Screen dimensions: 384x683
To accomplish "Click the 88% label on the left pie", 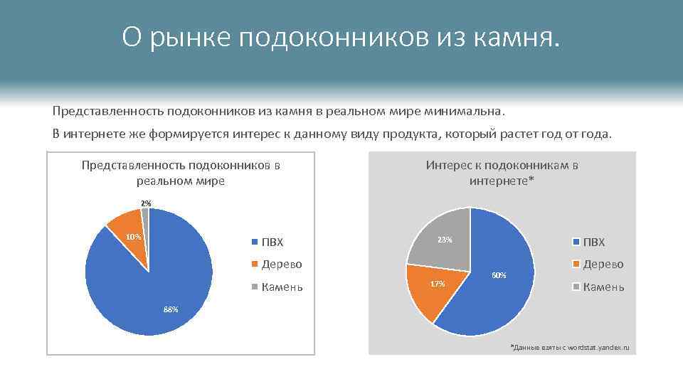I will (x=171, y=309).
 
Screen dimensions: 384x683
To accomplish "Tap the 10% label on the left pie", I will (x=134, y=236).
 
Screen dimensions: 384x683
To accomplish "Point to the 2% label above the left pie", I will (x=146, y=203).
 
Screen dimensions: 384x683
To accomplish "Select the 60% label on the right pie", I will (x=499, y=275).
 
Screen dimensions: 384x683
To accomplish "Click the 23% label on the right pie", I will (x=445, y=240).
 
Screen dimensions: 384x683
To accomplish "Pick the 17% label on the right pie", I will (x=438, y=284).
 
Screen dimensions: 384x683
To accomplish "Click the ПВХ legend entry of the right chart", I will (x=593, y=242).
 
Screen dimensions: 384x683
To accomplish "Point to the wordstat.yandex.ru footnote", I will (x=571, y=346).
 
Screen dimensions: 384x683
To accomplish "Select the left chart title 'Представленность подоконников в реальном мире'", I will (x=181, y=173).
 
